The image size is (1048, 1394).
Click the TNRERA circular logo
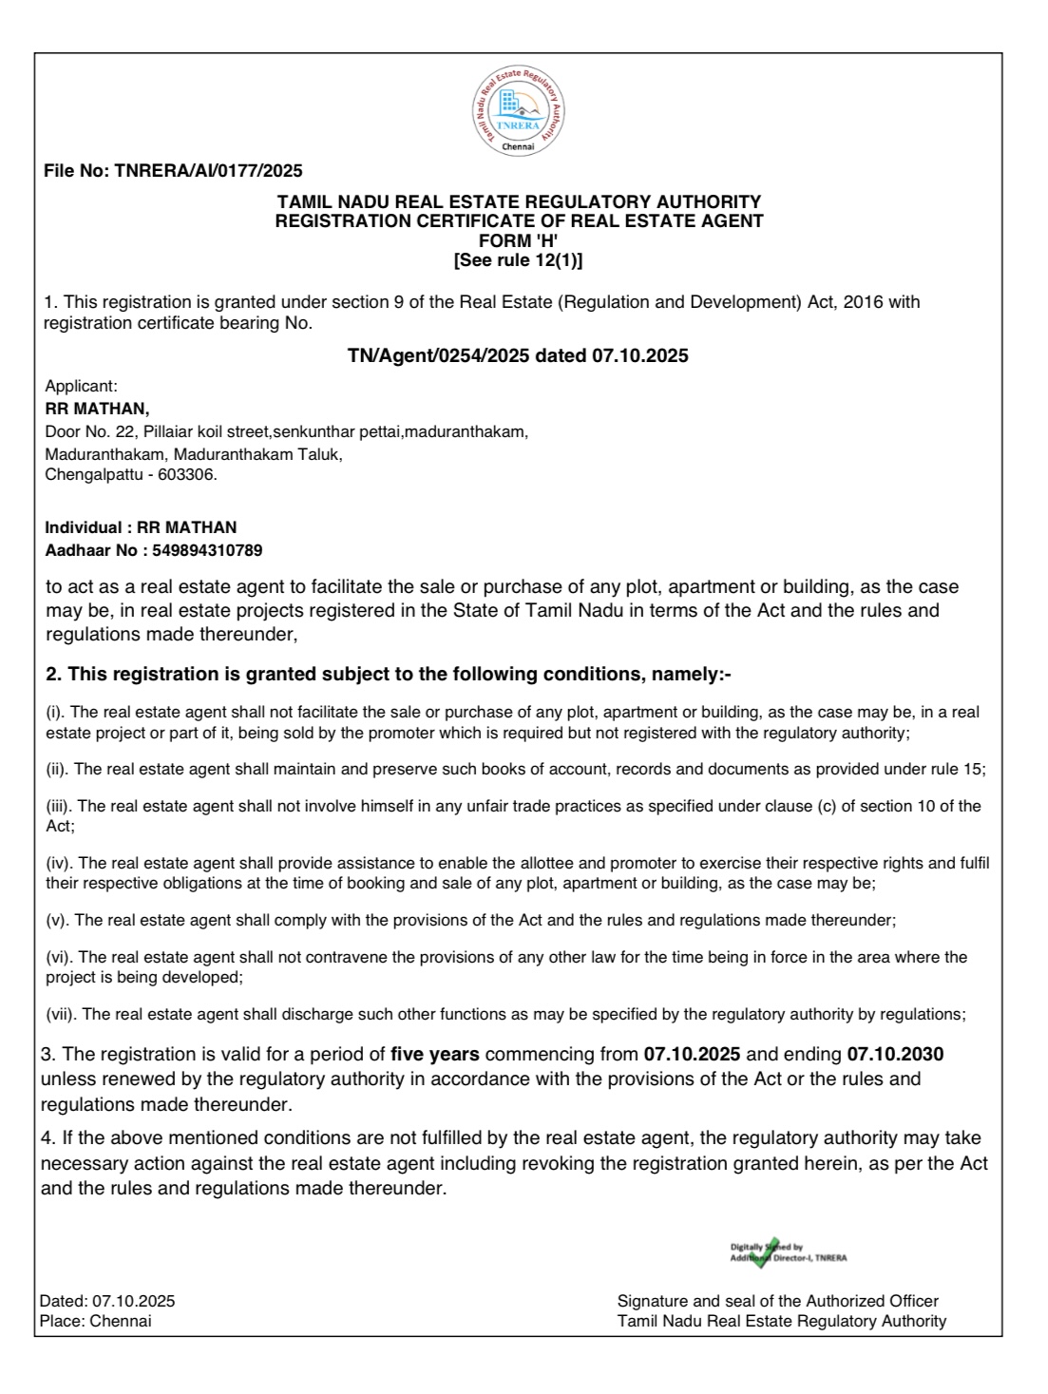click(519, 113)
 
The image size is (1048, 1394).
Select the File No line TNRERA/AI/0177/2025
click(174, 172)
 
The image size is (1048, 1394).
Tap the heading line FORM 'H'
click(519, 241)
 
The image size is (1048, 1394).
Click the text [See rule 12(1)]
click(519, 259)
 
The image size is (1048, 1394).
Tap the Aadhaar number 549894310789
click(201, 550)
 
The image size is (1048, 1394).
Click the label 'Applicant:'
click(82, 386)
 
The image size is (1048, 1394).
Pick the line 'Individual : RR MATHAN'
click(142, 527)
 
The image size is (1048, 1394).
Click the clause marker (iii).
click(59, 806)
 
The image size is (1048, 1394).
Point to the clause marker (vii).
click(61, 1014)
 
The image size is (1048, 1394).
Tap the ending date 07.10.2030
click(895, 1055)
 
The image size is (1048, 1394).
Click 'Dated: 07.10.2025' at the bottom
click(107, 1301)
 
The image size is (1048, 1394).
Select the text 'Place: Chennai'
click(95, 1321)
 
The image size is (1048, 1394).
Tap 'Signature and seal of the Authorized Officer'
click(777, 1301)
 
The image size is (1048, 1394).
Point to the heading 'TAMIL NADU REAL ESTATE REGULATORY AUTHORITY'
click(519, 202)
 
